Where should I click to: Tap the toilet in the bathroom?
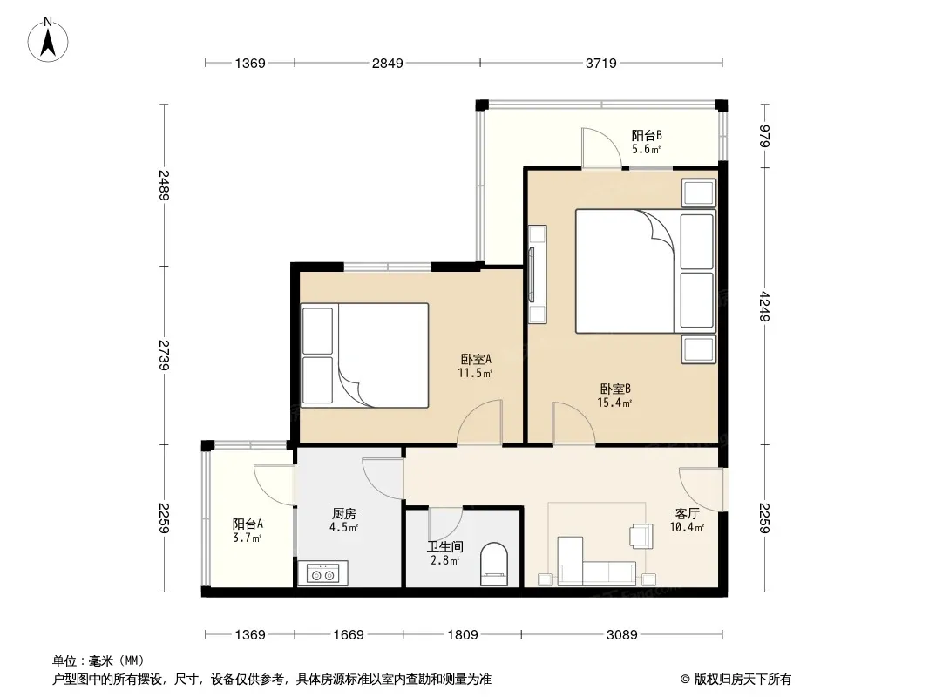[493, 565]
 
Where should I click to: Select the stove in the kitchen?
[322, 573]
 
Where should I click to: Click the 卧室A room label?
[475, 360]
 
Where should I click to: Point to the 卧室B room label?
[615, 389]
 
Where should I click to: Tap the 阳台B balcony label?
[647, 136]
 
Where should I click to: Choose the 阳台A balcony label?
[248, 524]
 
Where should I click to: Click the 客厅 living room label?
[687, 513]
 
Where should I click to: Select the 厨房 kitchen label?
[344, 513]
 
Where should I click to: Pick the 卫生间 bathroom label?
[445, 546]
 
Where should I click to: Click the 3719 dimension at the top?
[600, 64]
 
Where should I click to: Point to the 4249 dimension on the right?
[764, 306]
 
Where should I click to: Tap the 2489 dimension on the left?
[164, 185]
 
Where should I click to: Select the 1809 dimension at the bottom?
[462, 635]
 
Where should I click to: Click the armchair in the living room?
[641, 535]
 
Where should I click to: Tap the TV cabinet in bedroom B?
[538, 274]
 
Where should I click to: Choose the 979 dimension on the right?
[764, 136]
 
